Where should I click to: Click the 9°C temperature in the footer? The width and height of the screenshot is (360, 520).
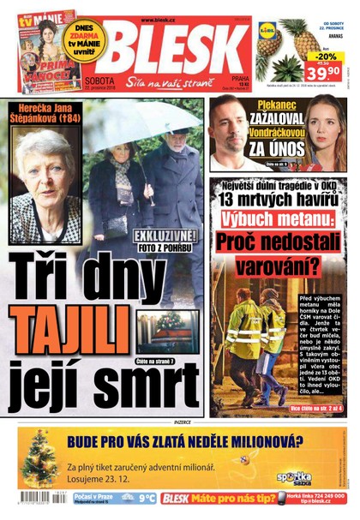pyautogui.click(x=147, y=498)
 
